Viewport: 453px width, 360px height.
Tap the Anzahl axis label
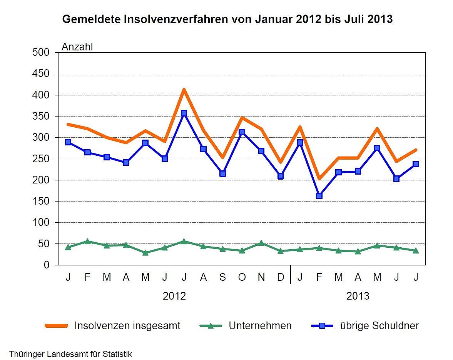coord(77,47)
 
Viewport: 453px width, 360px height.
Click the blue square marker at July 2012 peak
coord(184,113)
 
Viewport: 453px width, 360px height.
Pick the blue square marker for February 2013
coord(319,195)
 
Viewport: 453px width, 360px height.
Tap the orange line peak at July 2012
coord(184,90)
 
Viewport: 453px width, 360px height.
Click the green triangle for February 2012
coord(87,241)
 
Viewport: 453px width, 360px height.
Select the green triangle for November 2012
coord(261,243)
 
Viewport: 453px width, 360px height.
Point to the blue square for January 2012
coord(68,142)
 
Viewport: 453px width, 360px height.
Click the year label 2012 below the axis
coord(174,296)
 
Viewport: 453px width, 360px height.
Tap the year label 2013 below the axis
coord(358,296)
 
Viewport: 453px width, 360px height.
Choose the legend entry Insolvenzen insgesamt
coord(127,326)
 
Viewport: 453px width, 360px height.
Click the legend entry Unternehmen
coord(260,326)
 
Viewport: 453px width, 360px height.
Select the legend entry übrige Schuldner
coord(379,326)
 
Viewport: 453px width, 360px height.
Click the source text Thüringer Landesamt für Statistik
coord(70,354)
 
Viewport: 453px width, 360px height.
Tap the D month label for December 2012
coord(281,277)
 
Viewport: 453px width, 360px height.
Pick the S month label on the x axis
coord(222,277)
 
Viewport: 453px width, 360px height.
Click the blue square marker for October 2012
coord(242,132)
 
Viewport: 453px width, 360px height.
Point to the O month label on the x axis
coord(242,277)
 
